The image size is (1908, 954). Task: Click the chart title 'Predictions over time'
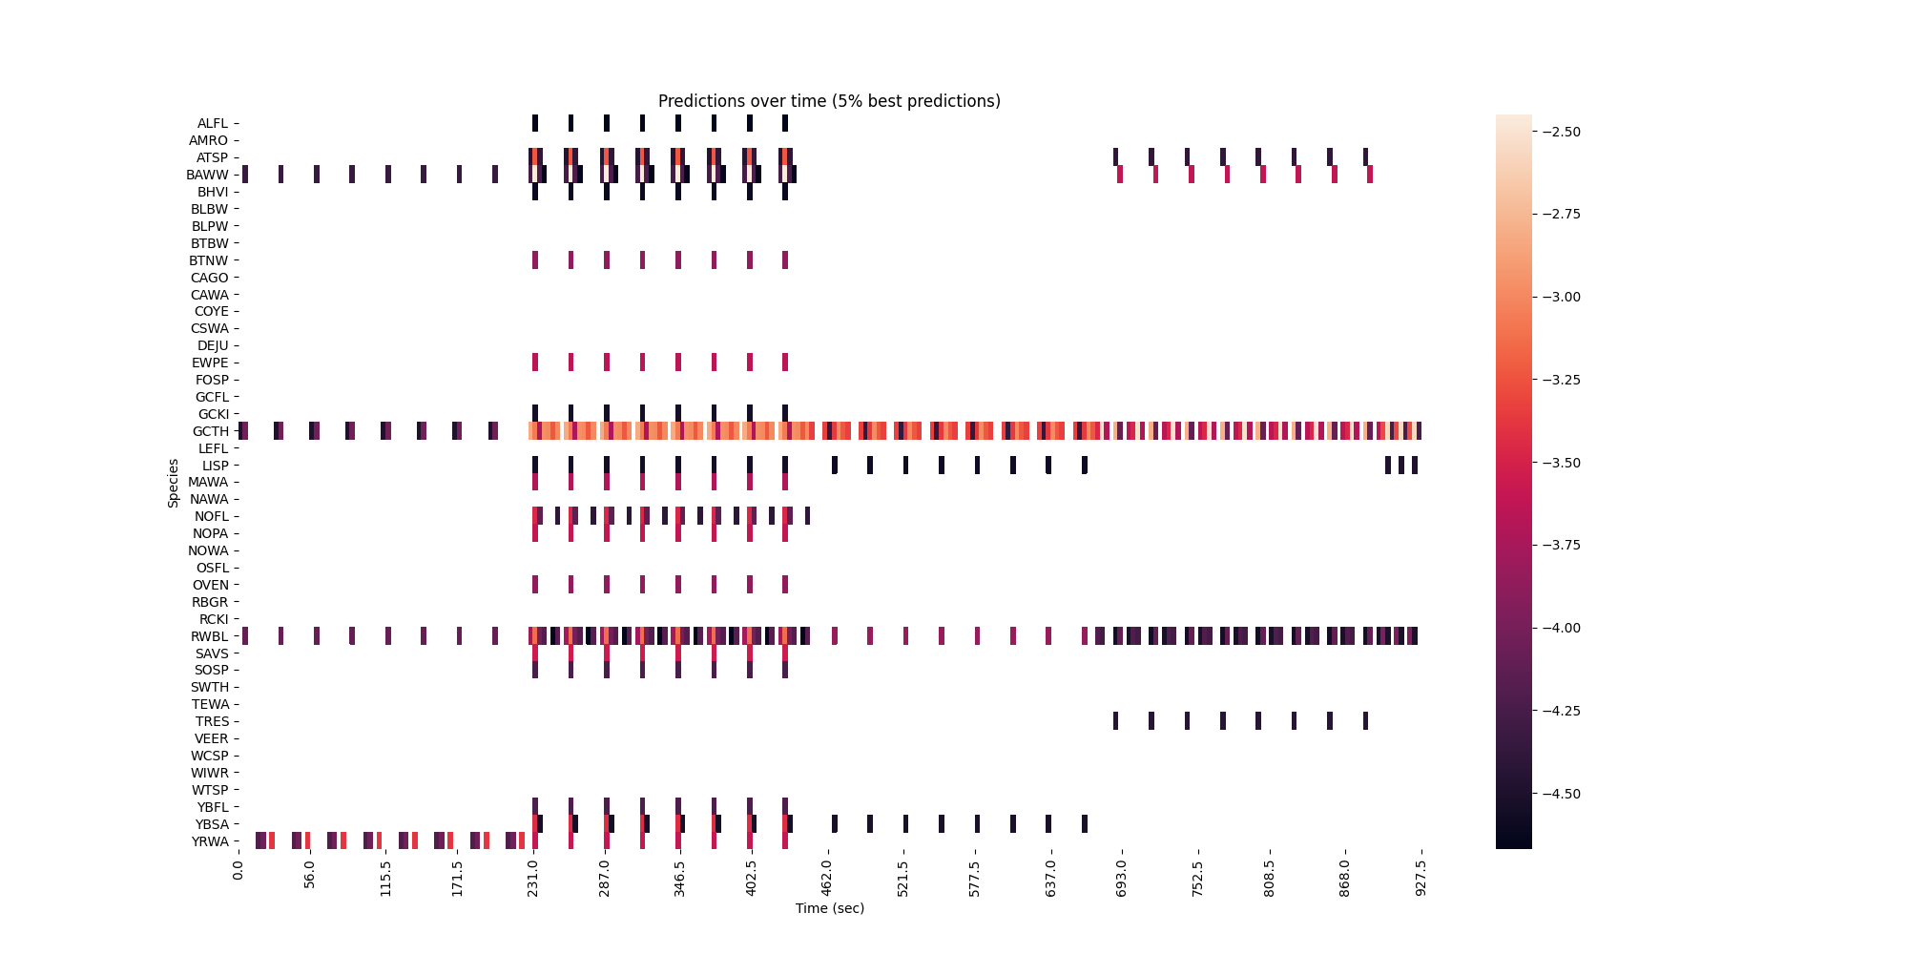829,101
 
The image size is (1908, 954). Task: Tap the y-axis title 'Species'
174,483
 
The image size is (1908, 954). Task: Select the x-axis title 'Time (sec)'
829,908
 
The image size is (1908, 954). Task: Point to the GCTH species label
211,431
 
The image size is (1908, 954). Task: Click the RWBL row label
210,636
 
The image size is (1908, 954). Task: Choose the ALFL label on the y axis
213,123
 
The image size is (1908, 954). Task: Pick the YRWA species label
210,841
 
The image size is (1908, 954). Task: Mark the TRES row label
212,721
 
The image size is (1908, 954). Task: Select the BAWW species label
208,175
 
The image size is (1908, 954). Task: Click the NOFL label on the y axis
211,516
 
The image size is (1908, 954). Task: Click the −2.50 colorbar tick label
1561,132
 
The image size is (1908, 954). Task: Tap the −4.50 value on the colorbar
1561,794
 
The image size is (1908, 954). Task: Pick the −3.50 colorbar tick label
1561,463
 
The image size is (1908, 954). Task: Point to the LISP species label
215,466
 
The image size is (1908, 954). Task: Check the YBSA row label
212,824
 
